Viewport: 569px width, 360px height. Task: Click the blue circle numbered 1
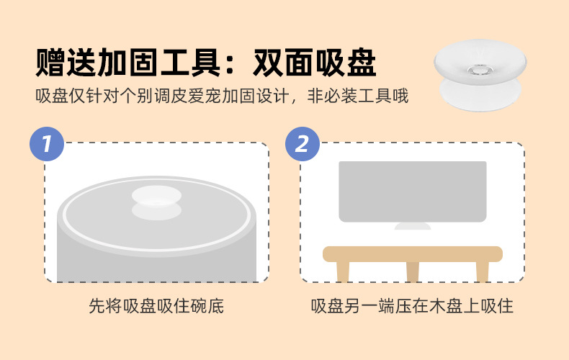click(47, 143)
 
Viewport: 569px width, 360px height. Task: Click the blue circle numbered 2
click(303, 143)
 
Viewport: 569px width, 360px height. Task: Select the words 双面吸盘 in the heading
click(315, 63)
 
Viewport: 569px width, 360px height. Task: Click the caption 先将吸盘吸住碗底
click(156, 306)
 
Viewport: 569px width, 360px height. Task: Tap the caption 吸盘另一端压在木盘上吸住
click(412, 306)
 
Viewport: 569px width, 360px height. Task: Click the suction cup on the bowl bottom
click(156, 202)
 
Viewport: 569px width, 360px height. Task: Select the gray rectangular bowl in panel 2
click(412, 191)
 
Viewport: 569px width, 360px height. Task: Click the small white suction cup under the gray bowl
click(412, 226)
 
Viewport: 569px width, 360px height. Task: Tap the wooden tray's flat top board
click(412, 253)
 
